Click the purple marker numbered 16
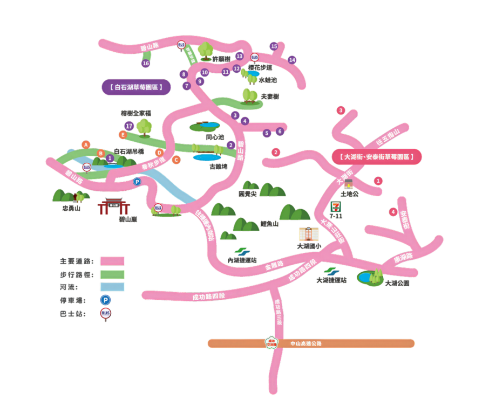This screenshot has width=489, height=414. click(x=145, y=64)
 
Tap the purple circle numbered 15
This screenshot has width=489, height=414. click(x=274, y=46)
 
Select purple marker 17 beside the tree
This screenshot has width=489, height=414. click(x=128, y=126)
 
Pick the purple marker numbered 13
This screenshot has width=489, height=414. click(x=239, y=56)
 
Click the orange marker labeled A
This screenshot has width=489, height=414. click(x=85, y=144)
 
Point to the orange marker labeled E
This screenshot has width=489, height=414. click(x=123, y=134)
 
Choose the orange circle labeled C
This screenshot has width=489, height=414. click(x=176, y=160)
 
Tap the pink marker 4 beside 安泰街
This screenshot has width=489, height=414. click(x=392, y=212)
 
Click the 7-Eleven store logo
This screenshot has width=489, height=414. click(x=336, y=206)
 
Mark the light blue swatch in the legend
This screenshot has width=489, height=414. click(x=113, y=287)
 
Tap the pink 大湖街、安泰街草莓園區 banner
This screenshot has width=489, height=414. click(x=377, y=157)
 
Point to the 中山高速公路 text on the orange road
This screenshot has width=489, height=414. click(x=306, y=343)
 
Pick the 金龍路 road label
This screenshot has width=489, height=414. click(x=275, y=265)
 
